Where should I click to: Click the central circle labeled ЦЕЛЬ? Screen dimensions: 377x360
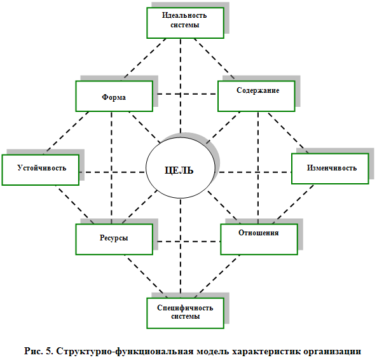click(x=181, y=168)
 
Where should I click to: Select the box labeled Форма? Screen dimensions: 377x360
click(x=114, y=96)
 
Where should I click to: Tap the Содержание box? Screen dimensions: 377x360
click(x=256, y=96)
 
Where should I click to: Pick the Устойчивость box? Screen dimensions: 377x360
click(x=41, y=170)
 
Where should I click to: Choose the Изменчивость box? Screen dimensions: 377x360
click(x=330, y=169)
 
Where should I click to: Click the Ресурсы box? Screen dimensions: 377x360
click(x=114, y=239)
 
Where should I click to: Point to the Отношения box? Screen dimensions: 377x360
click(x=259, y=239)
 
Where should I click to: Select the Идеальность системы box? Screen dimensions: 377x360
click(x=186, y=23)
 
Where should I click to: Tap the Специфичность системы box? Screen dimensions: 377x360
click(x=186, y=313)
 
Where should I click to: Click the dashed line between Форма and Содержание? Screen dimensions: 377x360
click(x=186, y=94)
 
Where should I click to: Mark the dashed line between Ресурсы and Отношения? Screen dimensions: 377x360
click(x=189, y=242)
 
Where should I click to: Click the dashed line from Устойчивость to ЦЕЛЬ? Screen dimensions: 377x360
click(x=113, y=172)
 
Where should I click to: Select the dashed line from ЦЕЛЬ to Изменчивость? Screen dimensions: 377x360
click(x=255, y=172)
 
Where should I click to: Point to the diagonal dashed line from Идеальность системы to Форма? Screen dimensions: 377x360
click(x=145, y=59)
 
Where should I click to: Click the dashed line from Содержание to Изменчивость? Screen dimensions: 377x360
click(x=288, y=133)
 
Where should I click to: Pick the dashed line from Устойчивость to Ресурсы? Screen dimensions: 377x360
click(x=75, y=205)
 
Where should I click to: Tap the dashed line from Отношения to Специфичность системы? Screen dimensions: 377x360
click(x=217, y=276)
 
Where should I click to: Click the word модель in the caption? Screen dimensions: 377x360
click(x=212, y=351)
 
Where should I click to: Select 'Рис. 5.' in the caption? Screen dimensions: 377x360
click(x=38, y=351)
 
